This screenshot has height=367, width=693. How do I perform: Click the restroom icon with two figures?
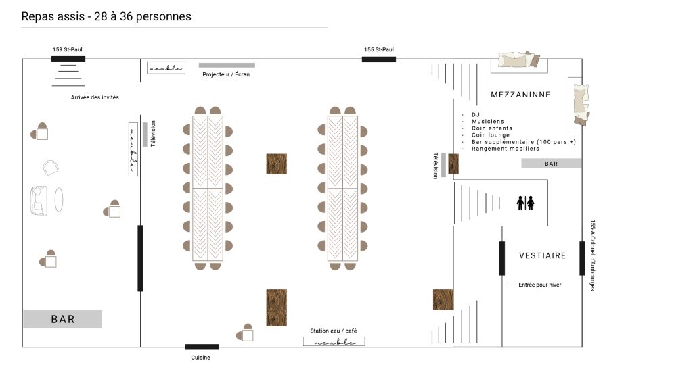click(x=525, y=203)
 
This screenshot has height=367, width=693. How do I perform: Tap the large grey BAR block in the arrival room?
click(x=63, y=319)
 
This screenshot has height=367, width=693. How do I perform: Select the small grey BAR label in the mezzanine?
click(x=551, y=164)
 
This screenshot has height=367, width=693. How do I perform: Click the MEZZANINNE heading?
click(x=520, y=95)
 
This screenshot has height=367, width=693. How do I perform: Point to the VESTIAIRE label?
click(x=542, y=255)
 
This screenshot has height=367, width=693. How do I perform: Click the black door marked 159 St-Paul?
click(x=68, y=59)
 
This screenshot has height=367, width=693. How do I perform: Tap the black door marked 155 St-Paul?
click(x=379, y=59)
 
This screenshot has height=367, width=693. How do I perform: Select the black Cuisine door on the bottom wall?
click(x=202, y=347)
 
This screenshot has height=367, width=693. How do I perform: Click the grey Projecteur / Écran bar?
click(x=227, y=66)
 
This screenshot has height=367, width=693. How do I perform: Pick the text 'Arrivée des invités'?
click(x=95, y=97)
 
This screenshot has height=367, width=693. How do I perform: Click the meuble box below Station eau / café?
click(x=334, y=341)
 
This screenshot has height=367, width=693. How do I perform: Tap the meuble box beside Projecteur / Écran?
click(x=166, y=68)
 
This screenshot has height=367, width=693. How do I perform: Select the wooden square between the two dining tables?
click(x=277, y=164)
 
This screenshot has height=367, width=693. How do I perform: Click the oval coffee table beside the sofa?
click(x=59, y=199)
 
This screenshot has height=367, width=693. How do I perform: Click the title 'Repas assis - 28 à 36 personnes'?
click(x=106, y=16)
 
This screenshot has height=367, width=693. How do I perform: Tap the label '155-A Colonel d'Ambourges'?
click(x=593, y=255)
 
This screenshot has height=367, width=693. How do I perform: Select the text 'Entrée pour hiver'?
click(x=539, y=285)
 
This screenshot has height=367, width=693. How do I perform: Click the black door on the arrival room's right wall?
click(x=141, y=258)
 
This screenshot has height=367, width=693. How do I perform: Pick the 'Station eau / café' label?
click(x=333, y=331)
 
